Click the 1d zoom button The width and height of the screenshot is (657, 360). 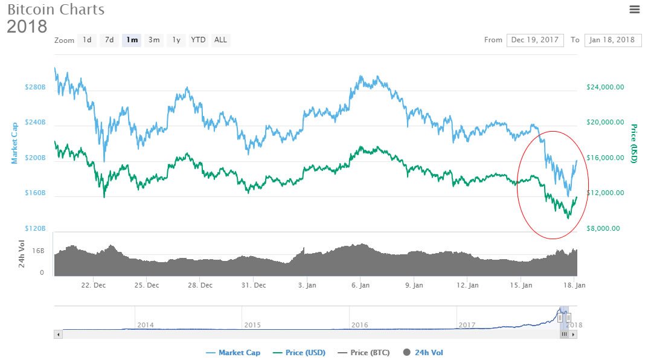pyautogui.click(x=87, y=40)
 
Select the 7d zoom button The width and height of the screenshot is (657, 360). pyautogui.click(x=109, y=40)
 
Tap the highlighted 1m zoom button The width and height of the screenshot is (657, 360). pyautogui.click(x=131, y=40)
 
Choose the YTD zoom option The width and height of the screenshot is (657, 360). pyautogui.click(x=198, y=40)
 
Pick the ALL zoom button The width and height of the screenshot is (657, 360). pyautogui.click(x=220, y=40)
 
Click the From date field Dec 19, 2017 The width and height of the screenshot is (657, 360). pyautogui.click(x=535, y=40)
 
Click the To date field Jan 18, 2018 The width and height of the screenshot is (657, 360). pyautogui.click(x=612, y=40)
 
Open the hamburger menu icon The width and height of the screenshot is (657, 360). pyautogui.click(x=634, y=9)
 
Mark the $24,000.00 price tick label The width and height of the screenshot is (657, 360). pyautogui.click(x=605, y=87)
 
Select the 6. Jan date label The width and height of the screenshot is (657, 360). pyautogui.click(x=361, y=285)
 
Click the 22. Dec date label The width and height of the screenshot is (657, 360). pyautogui.click(x=94, y=285)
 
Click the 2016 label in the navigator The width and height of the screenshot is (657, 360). pyautogui.click(x=360, y=325)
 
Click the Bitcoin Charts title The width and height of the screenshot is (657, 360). pyautogui.click(x=56, y=10)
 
